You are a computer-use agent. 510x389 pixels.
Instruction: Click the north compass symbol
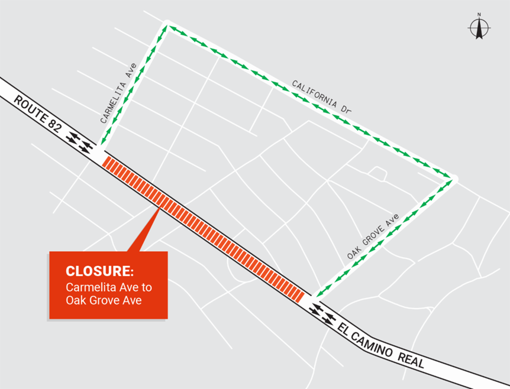click(x=479, y=27)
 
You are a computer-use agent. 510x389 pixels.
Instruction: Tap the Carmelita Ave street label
click(x=118, y=93)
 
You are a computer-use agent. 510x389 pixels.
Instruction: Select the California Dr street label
click(x=322, y=96)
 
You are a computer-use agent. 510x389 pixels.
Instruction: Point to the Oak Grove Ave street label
click(x=374, y=238)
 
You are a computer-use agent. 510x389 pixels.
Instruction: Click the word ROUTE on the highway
click(x=33, y=111)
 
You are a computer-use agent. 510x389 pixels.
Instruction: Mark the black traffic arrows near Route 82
click(x=79, y=142)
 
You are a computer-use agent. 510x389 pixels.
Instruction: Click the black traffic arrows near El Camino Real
click(x=321, y=313)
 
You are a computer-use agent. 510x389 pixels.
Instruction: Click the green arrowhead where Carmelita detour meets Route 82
click(x=104, y=142)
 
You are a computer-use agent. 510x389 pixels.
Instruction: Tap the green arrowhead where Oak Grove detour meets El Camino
click(x=318, y=294)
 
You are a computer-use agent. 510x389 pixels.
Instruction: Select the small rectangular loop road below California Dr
click(x=377, y=173)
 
